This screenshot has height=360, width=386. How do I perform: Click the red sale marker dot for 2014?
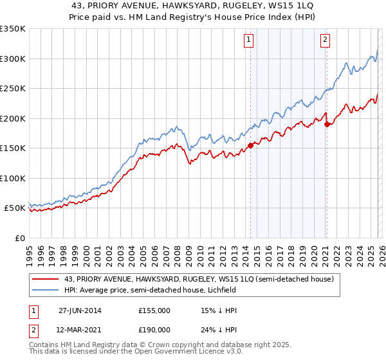point(250,145)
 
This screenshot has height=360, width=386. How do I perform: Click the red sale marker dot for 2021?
point(327,124)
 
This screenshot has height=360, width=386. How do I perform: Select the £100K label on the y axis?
point(12,178)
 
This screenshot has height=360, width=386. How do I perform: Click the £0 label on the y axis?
point(19,238)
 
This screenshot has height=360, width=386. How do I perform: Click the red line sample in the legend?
point(46,280)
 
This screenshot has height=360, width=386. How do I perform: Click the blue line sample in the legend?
point(46,291)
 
